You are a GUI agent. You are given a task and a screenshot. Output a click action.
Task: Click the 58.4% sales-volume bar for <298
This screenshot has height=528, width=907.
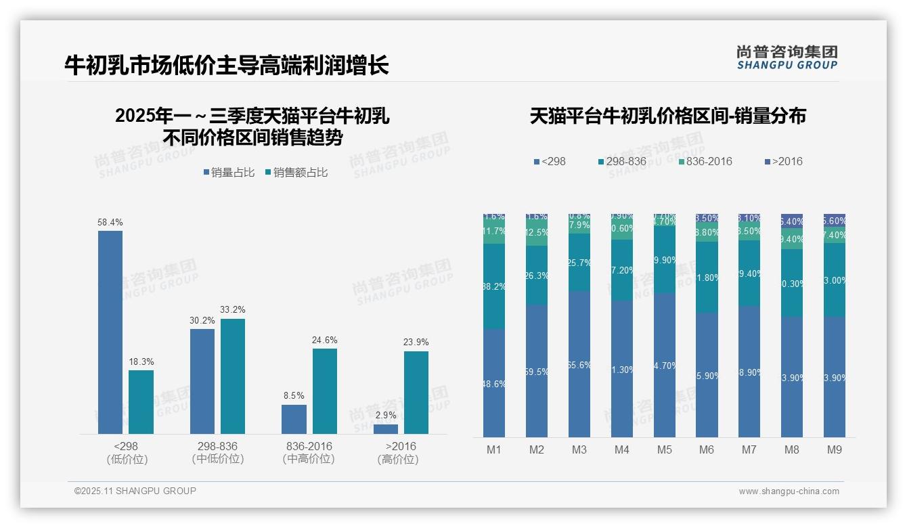pos(110,332)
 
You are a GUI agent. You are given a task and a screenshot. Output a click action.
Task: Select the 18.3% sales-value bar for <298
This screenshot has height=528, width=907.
pos(141,401)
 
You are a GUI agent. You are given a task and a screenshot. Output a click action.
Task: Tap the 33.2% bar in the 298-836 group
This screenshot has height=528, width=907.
pos(233,376)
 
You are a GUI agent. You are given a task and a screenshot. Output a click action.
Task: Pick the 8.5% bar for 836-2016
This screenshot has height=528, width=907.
pos(294,419)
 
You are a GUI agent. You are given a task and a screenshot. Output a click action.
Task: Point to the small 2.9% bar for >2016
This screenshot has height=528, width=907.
pos(386,428)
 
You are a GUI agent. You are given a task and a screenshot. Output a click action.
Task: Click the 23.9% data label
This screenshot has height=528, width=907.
pos(416,342)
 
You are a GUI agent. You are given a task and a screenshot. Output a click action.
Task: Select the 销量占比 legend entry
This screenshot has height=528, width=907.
pos(229,173)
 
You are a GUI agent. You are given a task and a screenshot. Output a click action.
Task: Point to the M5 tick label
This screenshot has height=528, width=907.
pos(664,449)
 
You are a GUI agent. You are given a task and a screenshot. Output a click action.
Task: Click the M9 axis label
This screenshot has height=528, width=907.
pos(835,449)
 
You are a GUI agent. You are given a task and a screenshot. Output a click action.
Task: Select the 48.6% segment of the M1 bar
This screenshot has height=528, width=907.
pos(494,382)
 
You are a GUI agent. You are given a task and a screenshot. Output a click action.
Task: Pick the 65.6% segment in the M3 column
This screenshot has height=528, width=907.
pos(579,364)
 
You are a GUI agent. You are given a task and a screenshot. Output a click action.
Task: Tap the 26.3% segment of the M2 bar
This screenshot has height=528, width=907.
pos(537,275)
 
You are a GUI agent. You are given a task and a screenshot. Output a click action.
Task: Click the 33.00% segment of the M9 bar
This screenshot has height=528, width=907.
pos(835,280)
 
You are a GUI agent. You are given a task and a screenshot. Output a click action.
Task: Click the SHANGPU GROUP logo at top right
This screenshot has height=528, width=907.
pos(787,58)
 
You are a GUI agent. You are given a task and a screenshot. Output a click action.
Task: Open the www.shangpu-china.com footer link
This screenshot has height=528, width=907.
pos(789,491)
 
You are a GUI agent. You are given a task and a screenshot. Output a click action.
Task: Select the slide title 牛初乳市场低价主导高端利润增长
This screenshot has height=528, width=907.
pos(226,66)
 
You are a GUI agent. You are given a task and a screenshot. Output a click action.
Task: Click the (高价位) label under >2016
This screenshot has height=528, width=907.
pos(397,460)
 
